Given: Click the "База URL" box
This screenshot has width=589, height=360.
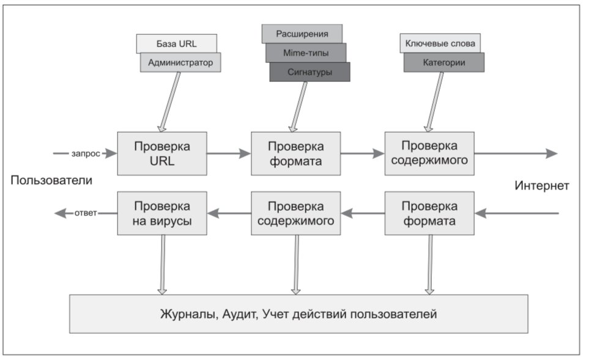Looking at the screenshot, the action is tap(177, 43).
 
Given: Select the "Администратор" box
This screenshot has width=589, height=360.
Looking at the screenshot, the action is tap(180, 62).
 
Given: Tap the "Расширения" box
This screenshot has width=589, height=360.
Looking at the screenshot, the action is tap(302, 34).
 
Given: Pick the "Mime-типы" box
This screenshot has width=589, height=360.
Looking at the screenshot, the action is tap(306, 53).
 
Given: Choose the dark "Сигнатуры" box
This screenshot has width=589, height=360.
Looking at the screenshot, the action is tap(310, 72).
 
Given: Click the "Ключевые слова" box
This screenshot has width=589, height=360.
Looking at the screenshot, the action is tap(440, 43).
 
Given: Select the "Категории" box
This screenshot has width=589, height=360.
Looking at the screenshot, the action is tap(444, 62).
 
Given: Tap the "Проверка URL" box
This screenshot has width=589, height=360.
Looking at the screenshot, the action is tap(162, 153).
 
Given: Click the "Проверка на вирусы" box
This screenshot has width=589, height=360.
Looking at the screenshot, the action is tap(162, 213).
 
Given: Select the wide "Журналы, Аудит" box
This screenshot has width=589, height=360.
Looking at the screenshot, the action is tap(298, 314).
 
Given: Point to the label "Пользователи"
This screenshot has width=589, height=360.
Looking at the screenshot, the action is tap(51, 180).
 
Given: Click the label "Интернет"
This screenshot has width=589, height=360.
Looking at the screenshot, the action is tap(542, 185).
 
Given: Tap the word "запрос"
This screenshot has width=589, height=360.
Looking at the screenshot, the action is tap(86, 153).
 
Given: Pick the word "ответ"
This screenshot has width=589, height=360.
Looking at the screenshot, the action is tap(86, 213).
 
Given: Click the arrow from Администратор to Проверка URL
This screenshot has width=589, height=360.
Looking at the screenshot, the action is tap(170, 101).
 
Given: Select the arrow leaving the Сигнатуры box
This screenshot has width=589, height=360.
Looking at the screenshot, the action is tap(298, 107).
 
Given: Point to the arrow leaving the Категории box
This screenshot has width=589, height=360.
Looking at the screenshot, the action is tap(435, 101).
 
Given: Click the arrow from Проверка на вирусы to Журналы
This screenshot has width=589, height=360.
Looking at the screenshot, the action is tap(162, 265).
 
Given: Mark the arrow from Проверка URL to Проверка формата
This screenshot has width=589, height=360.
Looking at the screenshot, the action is tap(229, 153).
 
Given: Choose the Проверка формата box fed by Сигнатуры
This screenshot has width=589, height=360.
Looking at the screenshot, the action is tap(296, 153).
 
